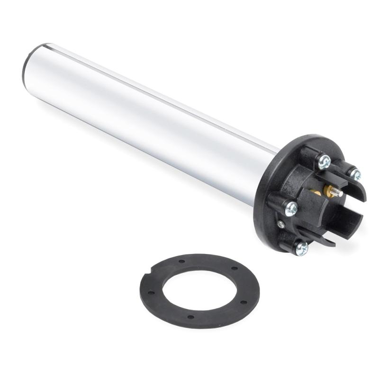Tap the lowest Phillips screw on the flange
tap(301, 246)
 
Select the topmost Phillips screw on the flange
tap(325, 162)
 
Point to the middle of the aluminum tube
tap(152, 123)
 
